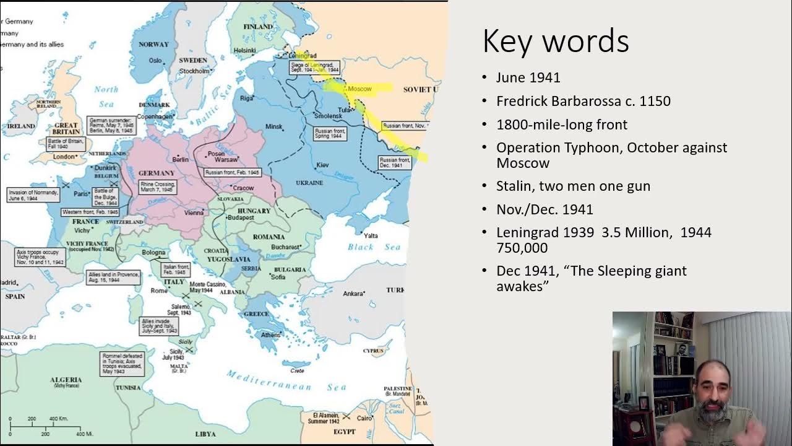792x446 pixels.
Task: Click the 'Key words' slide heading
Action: pyautogui.click(x=555, y=42)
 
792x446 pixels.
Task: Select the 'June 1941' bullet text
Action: pyautogui.click(x=528, y=77)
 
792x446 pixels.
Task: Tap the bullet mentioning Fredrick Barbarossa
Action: pyautogui.click(x=583, y=101)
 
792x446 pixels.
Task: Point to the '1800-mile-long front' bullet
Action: pyautogui.click(x=561, y=125)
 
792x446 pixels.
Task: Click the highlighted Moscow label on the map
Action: pyautogui.click(x=359, y=89)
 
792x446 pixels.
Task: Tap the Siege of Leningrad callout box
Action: pyautogui.click(x=315, y=67)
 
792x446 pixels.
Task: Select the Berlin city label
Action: pyautogui.click(x=180, y=159)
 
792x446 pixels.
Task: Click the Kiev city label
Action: pyautogui.click(x=322, y=165)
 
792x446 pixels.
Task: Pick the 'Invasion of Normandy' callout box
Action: pyautogui.click(x=33, y=195)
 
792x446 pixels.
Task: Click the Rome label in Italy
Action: pyautogui.click(x=159, y=291)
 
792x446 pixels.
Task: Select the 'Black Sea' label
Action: pyautogui.click(x=374, y=247)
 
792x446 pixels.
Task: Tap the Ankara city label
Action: pyautogui.click(x=353, y=293)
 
